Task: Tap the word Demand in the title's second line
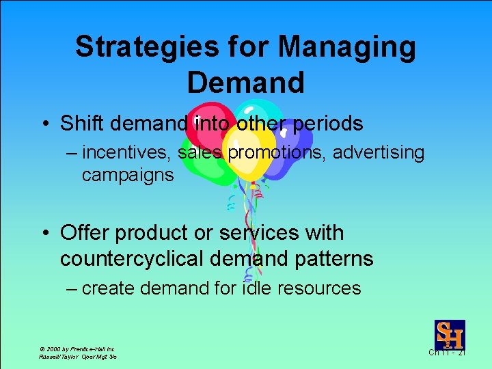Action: [x=245, y=83]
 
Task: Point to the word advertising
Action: [x=379, y=153]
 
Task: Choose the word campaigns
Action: [x=128, y=175]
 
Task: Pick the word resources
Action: [x=320, y=288]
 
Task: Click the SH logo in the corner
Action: [x=450, y=335]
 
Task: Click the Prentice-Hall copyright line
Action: [x=77, y=348]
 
